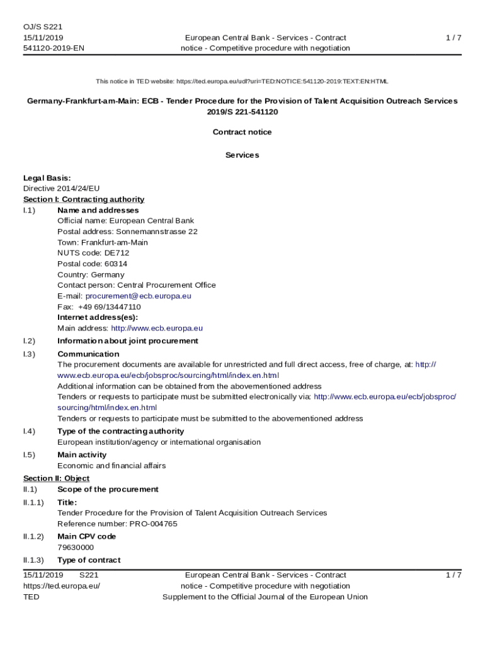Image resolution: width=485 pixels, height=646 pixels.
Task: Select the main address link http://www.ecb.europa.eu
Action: (157, 328)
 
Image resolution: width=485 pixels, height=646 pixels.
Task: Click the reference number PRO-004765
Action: (153, 524)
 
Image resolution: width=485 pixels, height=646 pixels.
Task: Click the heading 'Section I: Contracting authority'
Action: (84, 199)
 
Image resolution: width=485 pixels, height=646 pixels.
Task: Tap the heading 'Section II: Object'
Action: (56, 478)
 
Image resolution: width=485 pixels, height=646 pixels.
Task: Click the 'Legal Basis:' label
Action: (47, 178)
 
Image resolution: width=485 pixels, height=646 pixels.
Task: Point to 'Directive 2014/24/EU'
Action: (61, 189)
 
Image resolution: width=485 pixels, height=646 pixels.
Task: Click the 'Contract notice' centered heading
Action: (242, 132)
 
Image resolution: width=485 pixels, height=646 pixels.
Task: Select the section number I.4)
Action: (29, 431)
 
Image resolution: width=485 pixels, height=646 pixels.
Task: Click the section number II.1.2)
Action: (33, 536)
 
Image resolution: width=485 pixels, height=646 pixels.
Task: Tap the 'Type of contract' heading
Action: (89, 560)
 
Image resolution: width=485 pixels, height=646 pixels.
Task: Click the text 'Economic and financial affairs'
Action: (111, 466)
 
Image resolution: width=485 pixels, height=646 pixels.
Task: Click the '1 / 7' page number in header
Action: (454, 38)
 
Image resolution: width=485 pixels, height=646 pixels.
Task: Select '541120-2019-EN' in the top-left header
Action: (54, 49)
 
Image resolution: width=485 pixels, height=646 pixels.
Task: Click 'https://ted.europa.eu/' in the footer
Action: (62, 586)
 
